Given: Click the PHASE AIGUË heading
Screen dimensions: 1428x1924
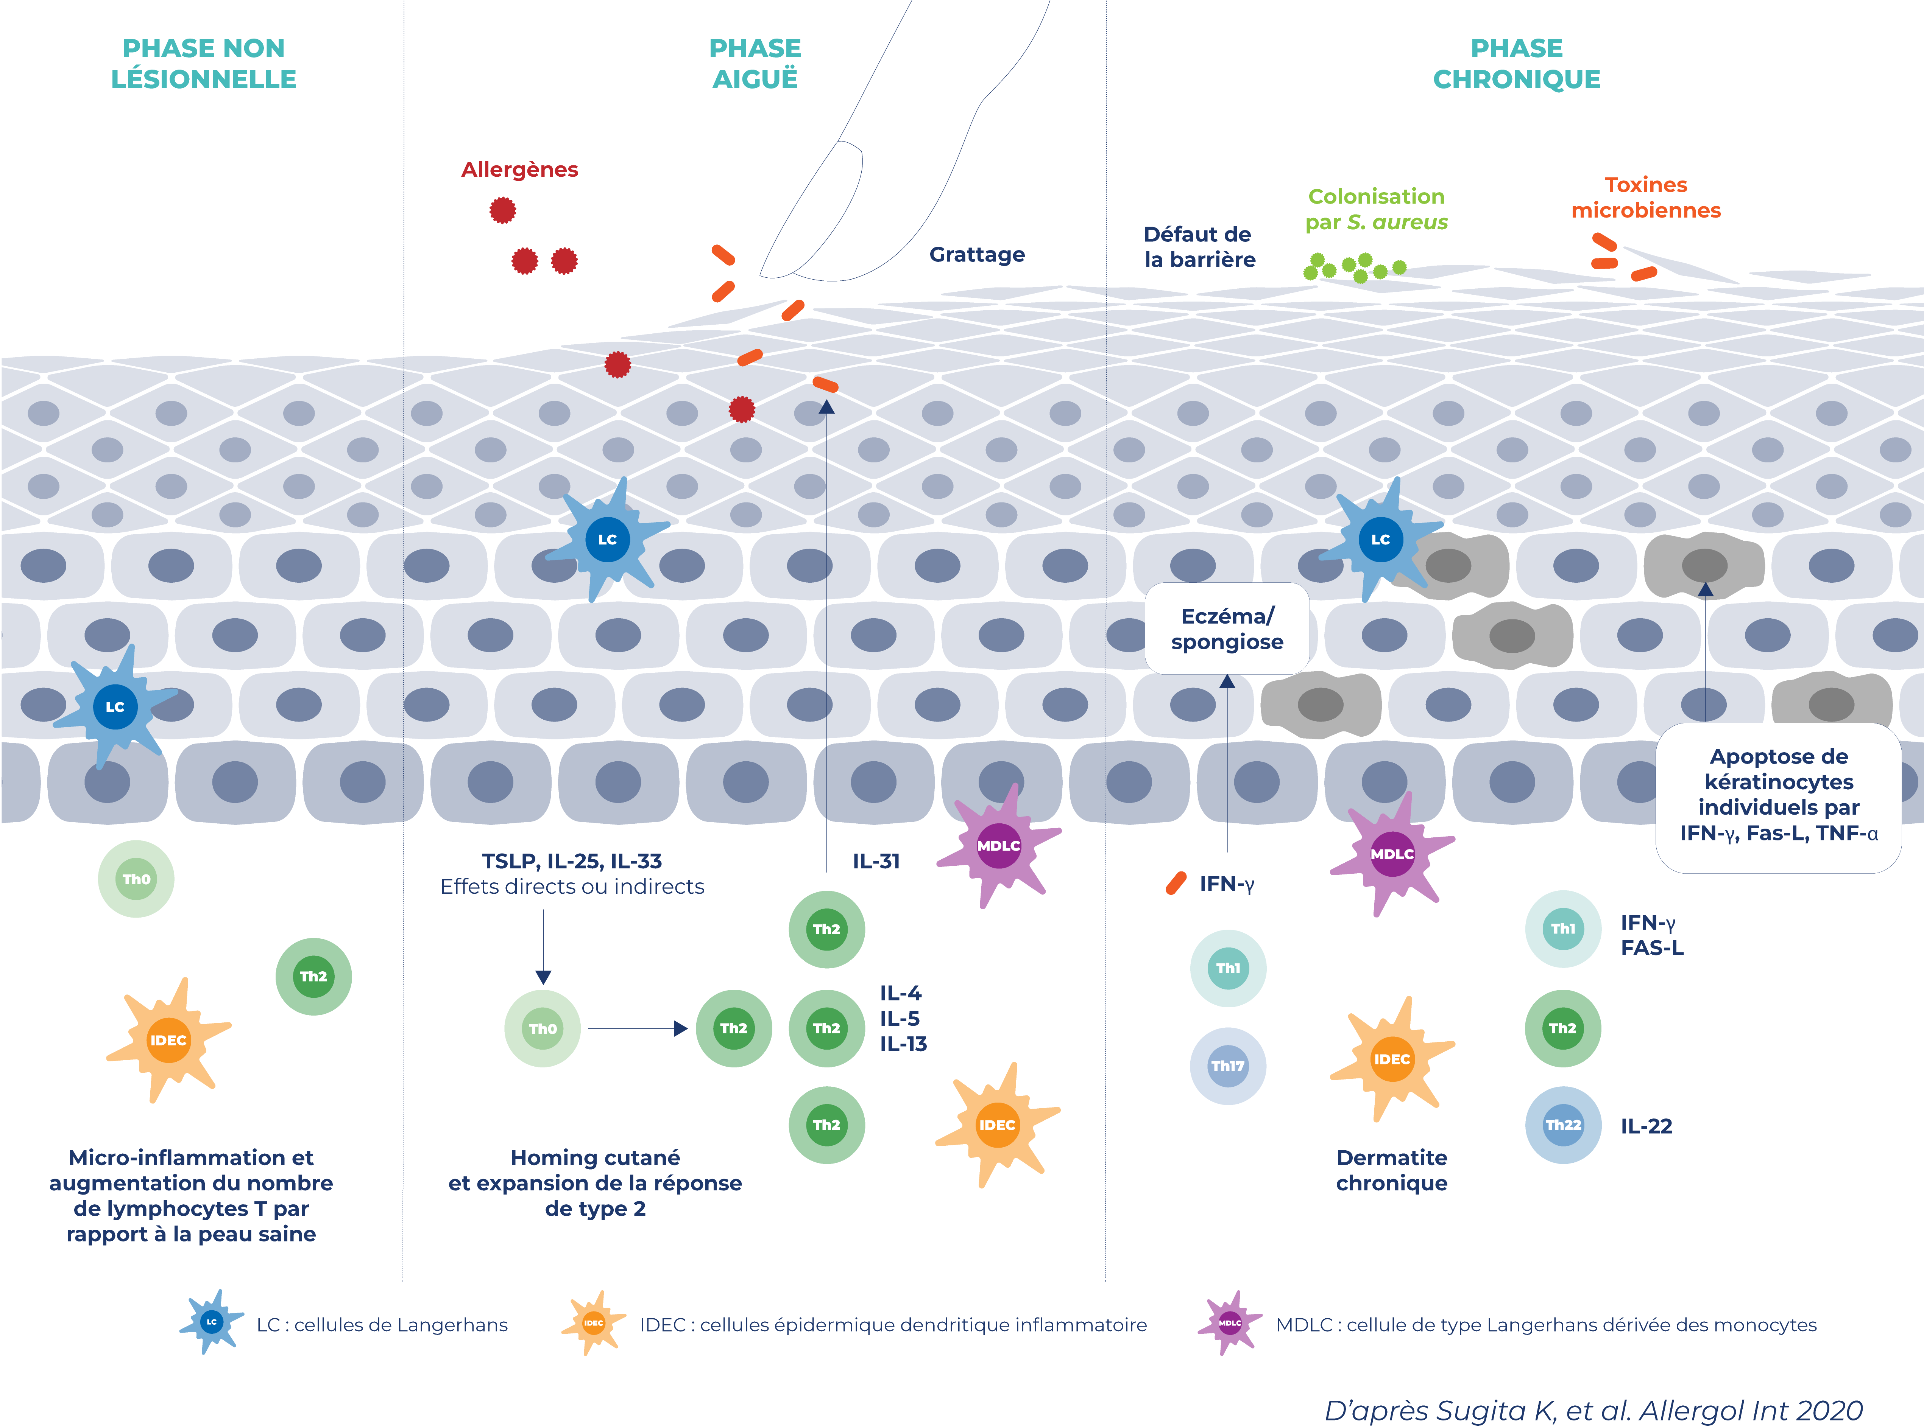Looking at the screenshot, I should tap(755, 63).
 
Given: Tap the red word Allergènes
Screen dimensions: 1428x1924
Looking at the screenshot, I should tap(520, 170).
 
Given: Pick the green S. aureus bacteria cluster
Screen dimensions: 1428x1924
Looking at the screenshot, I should tap(1353, 268).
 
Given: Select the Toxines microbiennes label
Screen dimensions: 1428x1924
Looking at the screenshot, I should tap(1646, 197).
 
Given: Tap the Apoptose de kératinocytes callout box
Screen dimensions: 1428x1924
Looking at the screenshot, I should tap(1778, 795).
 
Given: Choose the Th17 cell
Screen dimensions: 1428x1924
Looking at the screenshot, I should tap(1228, 1066).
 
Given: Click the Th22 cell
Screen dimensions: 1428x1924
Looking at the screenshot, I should tap(1562, 1125).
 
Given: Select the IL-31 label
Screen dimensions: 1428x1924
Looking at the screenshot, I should tap(876, 861).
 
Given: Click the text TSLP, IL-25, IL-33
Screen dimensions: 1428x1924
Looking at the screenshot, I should tap(572, 861).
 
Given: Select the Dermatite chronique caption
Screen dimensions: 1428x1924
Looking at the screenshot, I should tap(1391, 1170).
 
